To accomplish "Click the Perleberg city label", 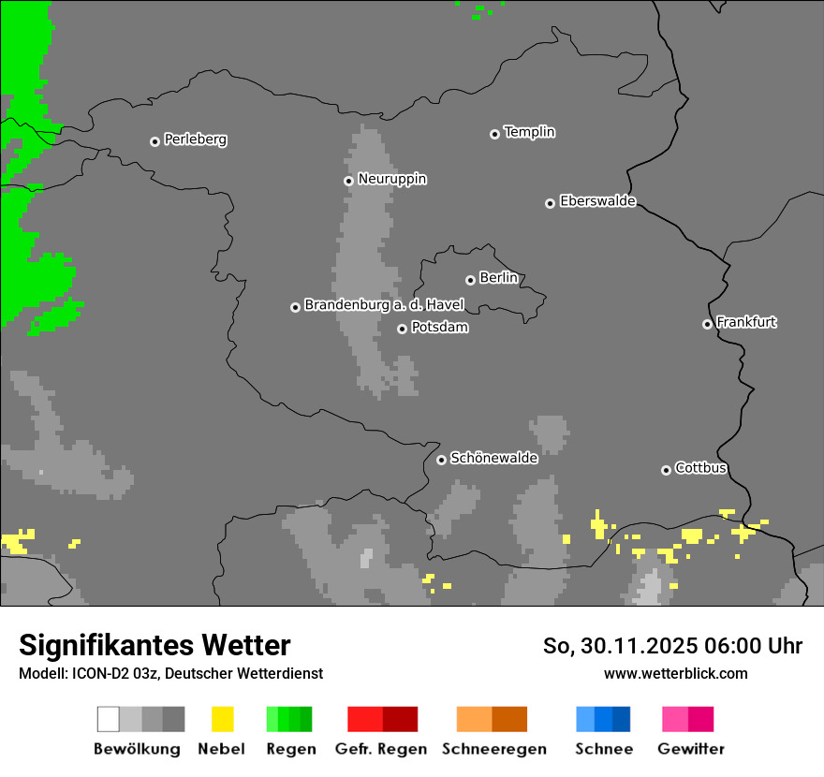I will tap(195, 139).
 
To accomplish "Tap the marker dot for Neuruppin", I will tap(348, 181).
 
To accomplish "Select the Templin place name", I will tap(529, 132).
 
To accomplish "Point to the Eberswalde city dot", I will tap(551, 203).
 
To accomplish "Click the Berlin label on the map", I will tap(498, 278).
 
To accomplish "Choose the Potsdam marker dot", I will tap(402, 329).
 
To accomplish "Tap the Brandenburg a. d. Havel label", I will tap(384, 305).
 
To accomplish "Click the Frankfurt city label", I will tap(746, 322).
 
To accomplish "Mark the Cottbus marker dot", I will tap(666, 470).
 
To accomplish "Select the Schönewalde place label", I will tap(493, 458).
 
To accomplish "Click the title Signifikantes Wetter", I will tap(154, 645).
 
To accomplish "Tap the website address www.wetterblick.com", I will tap(675, 673).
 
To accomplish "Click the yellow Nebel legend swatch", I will tap(222, 719).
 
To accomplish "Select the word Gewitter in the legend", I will tap(690, 749).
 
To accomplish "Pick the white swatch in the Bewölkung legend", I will tap(109, 719).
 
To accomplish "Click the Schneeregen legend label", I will tap(493, 749).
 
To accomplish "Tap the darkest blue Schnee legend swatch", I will tap(621, 719).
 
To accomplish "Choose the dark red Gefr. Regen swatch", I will tap(400, 719).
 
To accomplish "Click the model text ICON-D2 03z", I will tap(113, 673).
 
